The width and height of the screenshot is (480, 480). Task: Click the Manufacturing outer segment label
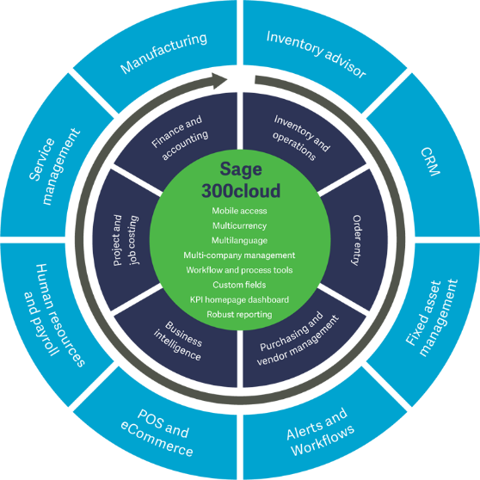pos(164,52)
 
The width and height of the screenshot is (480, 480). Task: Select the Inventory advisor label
pos(316,53)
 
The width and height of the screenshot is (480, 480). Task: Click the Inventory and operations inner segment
pos(301,133)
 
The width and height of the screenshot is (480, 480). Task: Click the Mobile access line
pos(239,210)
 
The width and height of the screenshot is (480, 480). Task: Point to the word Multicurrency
pos(239,225)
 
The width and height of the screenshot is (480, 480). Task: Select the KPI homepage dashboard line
pos(239,299)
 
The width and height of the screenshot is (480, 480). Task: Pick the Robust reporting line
pos(239,314)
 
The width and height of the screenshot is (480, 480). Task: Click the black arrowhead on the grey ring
pos(219,80)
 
